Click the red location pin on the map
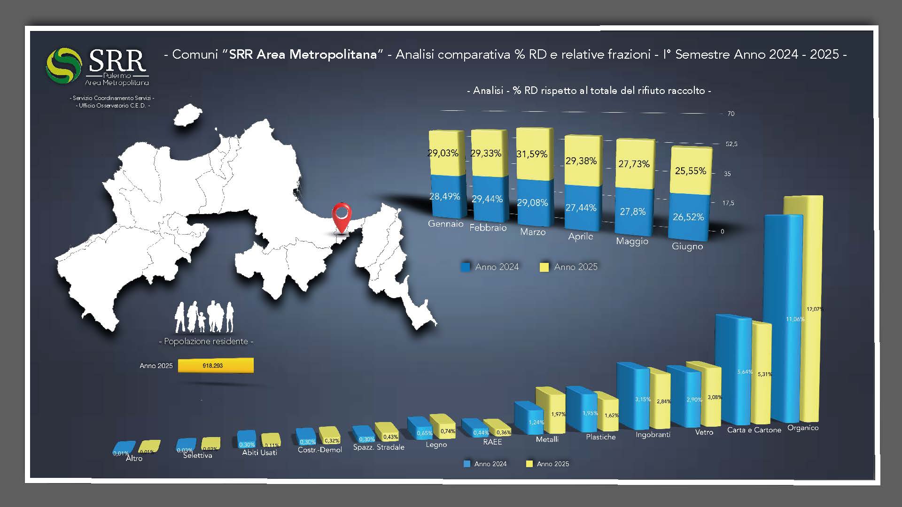point(342,216)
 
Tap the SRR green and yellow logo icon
point(64,65)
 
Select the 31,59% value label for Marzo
point(532,154)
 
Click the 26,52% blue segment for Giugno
point(688,217)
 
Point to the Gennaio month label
point(445,224)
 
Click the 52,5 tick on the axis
point(731,144)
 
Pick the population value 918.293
point(213,365)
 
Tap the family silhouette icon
point(204,317)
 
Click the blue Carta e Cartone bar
point(734,371)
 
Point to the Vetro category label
point(704,432)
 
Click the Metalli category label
point(547,439)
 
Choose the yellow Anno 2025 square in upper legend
point(544,267)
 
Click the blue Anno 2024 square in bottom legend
point(467,464)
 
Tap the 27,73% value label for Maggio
point(634,164)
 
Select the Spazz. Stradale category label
point(379,447)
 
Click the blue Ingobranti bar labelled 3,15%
point(632,399)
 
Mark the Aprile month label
point(580,237)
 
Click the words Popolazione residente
point(206,341)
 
